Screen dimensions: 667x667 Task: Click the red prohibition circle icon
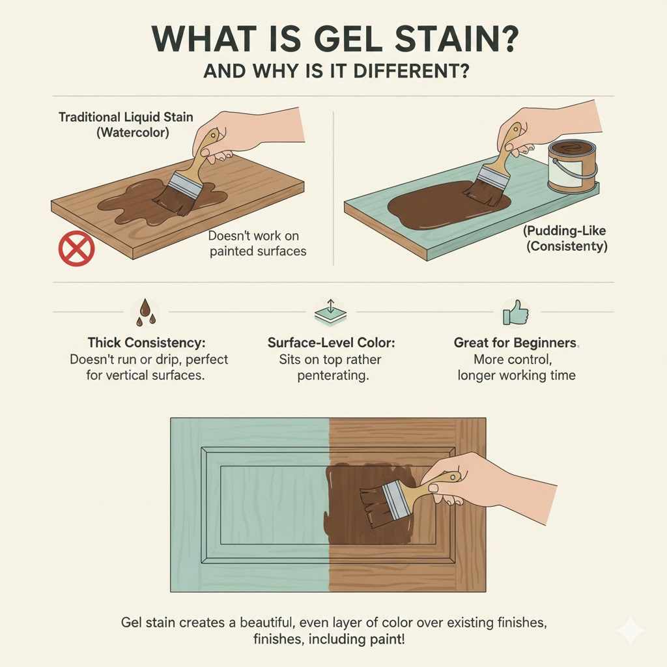pos(77,249)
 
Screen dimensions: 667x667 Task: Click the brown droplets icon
pos(145,312)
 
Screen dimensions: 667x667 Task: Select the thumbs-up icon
pos(515,313)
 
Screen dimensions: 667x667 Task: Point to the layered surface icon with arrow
pos(330,313)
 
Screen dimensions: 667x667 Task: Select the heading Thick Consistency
pos(149,343)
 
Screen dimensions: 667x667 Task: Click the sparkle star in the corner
pos(629,630)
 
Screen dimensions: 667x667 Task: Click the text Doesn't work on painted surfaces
pos(258,243)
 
